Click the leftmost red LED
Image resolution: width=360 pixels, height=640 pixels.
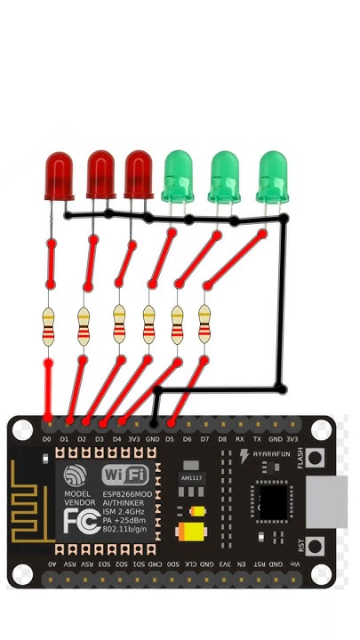coord(59,175)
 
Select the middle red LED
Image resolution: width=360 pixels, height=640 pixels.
coord(100,174)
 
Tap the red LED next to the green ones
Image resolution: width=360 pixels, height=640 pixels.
coord(139,174)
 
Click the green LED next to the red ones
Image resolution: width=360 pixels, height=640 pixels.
coord(179,175)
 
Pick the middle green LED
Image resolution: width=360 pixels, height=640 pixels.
coord(224,175)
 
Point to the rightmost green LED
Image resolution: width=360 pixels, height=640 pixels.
coord(273,175)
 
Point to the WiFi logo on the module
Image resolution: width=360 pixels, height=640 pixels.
coord(126,475)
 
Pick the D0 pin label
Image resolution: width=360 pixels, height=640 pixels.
coord(47,439)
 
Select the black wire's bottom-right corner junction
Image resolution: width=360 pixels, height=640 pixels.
coord(281,388)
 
